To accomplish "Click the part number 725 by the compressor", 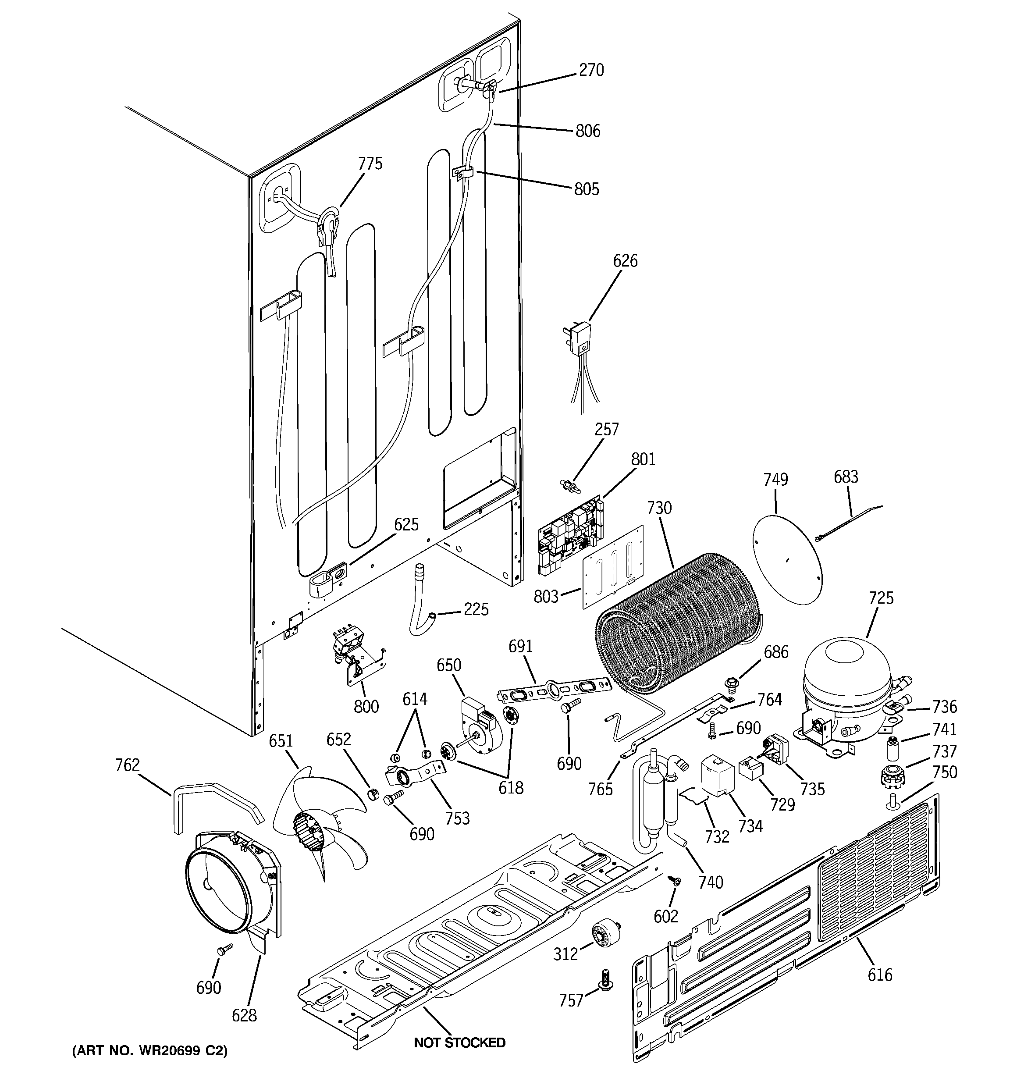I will tap(881, 598).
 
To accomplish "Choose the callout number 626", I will tap(625, 261).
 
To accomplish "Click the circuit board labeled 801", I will tap(570, 535).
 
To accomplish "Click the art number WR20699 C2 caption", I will tap(149, 1051).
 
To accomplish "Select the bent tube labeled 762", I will tap(216, 800).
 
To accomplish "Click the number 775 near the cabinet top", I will tap(370, 164).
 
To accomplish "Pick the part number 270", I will tap(591, 70).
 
